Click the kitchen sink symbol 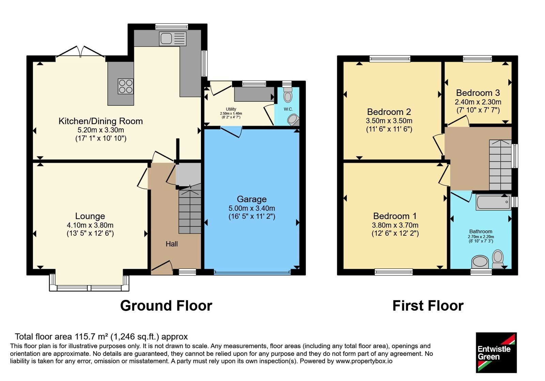pos(173,39)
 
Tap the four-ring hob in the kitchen pos(126,86)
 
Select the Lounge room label pos(90,216)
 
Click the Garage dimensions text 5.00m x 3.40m pos(252,208)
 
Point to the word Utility pos(231,109)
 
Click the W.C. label pos(288,109)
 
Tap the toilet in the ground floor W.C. pos(288,95)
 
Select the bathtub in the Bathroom pos(494,202)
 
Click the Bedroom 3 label pos(478,93)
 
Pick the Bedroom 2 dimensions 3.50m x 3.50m pos(389,121)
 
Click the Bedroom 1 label pos(395,216)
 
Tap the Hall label pos(172,244)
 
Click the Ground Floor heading pos(166,306)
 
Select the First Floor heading pos(428,306)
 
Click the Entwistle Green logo pos(496,352)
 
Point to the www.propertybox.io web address pos(364,361)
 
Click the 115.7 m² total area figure pos(92,336)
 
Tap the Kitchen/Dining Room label pos(100,121)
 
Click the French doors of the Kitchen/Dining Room pos(80,52)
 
